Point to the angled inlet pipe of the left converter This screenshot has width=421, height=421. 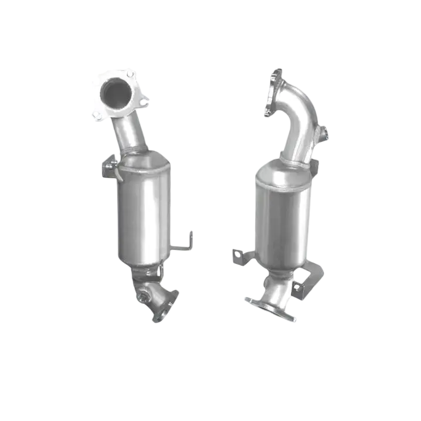(131, 133)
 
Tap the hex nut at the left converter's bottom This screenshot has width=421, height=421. (143, 298)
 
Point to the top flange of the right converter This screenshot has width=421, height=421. (272, 94)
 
